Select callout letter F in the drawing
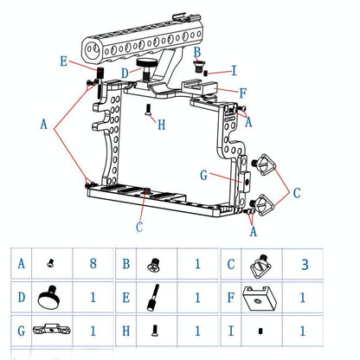[243, 92]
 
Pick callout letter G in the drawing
[203, 176]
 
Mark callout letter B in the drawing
[197, 55]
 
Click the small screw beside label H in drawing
[148, 110]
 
